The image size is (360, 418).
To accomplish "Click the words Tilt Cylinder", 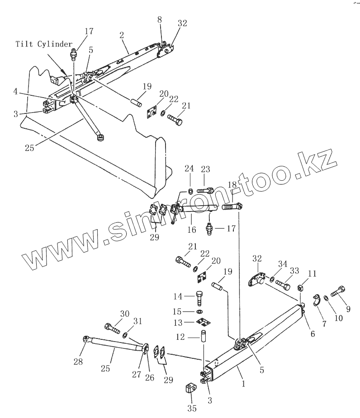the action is [44, 44].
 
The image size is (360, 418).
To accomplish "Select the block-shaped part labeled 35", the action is [190, 388].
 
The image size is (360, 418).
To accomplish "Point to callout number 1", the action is [243, 385].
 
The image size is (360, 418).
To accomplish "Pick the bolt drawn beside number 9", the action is [339, 291].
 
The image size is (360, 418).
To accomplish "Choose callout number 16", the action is [191, 230].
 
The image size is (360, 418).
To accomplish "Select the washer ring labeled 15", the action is [200, 311].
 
